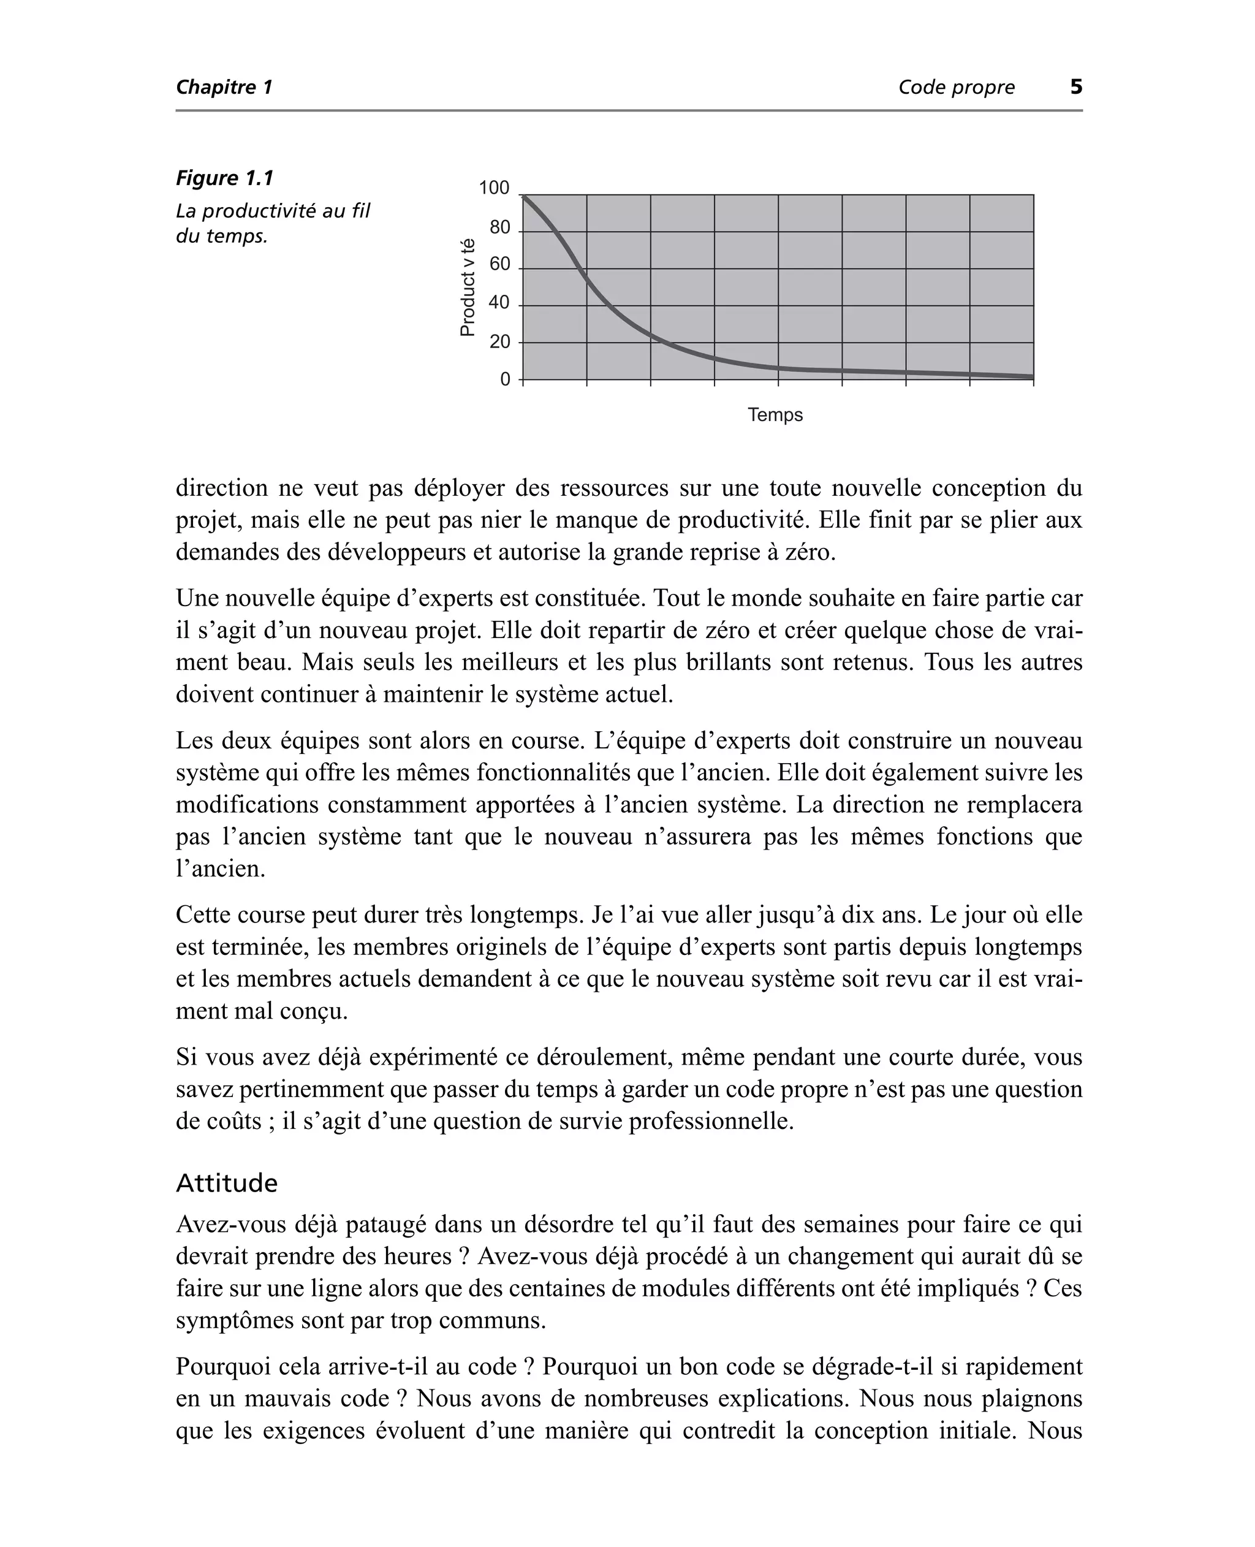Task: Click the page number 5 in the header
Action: (1075, 88)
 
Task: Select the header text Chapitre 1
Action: (224, 88)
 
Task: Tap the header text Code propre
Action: (956, 88)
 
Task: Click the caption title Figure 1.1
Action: (225, 178)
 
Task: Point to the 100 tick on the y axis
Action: (495, 189)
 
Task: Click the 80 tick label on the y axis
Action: (499, 228)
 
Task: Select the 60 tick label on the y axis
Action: (499, 265)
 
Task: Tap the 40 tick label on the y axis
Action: (499, 303)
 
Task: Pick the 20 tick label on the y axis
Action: (499, 341)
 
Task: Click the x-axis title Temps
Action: (775, 415)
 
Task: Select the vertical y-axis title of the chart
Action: (468, 287)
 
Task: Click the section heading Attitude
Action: (226, 1184)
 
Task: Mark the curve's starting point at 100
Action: (523, 196)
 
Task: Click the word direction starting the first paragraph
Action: (222, 488)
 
